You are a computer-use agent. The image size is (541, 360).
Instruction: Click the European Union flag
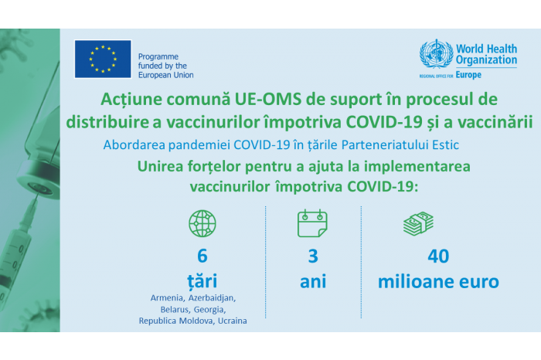coord(103,59)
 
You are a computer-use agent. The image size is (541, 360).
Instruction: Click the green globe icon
coord(202,223)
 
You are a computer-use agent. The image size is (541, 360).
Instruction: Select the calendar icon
coord(312,222)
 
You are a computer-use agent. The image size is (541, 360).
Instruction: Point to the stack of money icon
coord(418,223)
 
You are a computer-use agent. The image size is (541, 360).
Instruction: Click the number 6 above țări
coord(202,256)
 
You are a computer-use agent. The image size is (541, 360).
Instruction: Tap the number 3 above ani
coord(313,256)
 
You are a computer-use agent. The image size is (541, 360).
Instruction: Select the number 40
coord(438,256)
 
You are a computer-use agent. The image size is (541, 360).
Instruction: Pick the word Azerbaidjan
coord(213,298)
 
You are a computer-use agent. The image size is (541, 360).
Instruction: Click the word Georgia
coord(209,310)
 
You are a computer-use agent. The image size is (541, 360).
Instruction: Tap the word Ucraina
coord(232,321)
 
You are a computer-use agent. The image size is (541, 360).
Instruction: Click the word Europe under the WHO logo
coord(468,75)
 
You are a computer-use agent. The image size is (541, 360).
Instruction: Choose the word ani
coord(313,281)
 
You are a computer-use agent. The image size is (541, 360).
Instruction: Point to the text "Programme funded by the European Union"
coord(165,66)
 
